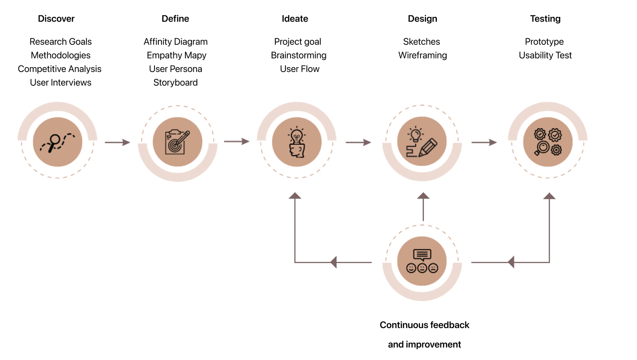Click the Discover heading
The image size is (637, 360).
(x=56, y=19)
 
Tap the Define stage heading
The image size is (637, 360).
(x=175, y=19)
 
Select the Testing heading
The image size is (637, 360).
(x=545, y=19)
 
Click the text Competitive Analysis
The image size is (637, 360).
(x=60, y=69)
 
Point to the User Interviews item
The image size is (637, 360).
(x=61, y=83)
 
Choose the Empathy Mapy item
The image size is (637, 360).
(x=176, y=55)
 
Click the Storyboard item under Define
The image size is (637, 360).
(x=176, y=83)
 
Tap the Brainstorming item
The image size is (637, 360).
(x=299, y=55)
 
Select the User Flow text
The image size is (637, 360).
(x=300, y=69)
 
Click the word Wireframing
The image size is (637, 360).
(x=423, y=55)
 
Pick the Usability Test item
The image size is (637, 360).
(x=545, y=55)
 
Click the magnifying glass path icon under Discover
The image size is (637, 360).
(x=58, y=142)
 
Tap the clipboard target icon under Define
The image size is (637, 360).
(x=177, y=142)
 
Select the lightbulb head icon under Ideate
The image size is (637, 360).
(x=297, y=142)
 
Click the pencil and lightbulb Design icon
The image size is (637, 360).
(x=422, y=142)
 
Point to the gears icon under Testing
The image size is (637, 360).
(x=547, y=142)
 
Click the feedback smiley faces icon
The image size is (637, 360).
(x=422, y=261)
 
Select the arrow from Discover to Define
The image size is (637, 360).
(x=117, y=142)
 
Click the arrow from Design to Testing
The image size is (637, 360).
(x=484, y=142)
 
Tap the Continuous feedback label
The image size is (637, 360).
(x=424, y=325)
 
